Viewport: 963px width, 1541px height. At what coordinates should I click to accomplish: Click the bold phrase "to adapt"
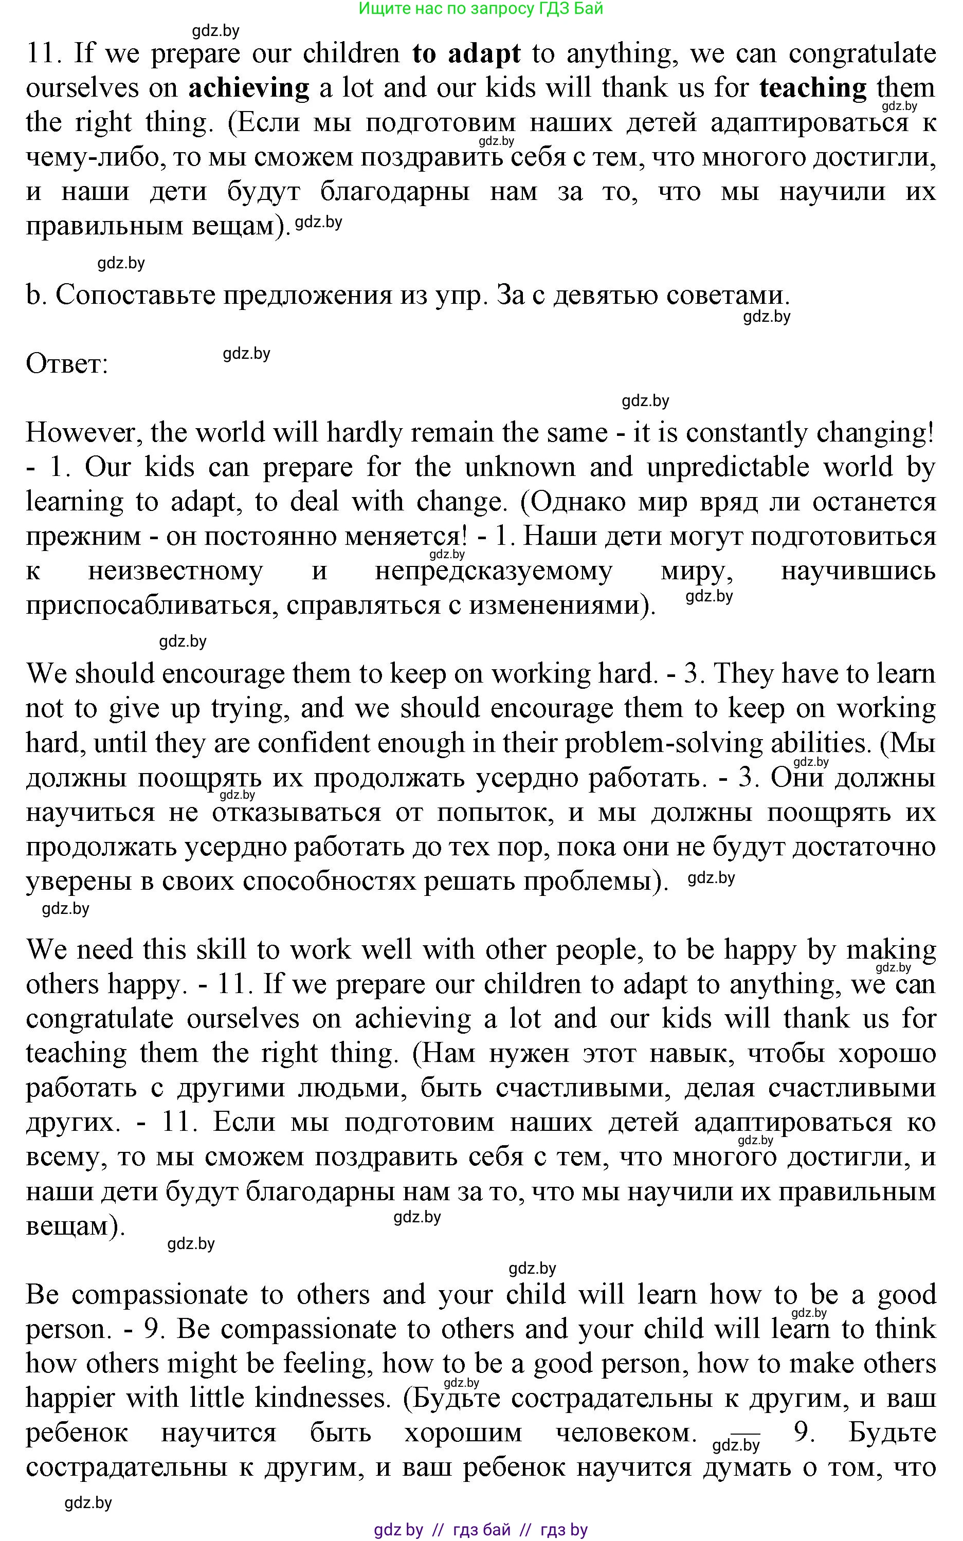point(466,54)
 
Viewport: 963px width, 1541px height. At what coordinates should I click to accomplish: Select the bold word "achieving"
point(248,88)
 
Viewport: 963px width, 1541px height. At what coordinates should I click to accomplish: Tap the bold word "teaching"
point(813,88)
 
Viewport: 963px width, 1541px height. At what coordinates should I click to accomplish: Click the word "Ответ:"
point(67,364)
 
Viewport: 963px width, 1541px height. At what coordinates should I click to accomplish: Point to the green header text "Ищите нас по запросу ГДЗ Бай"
point(481,9)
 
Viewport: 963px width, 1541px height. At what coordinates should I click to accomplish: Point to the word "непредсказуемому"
point(494,571)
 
